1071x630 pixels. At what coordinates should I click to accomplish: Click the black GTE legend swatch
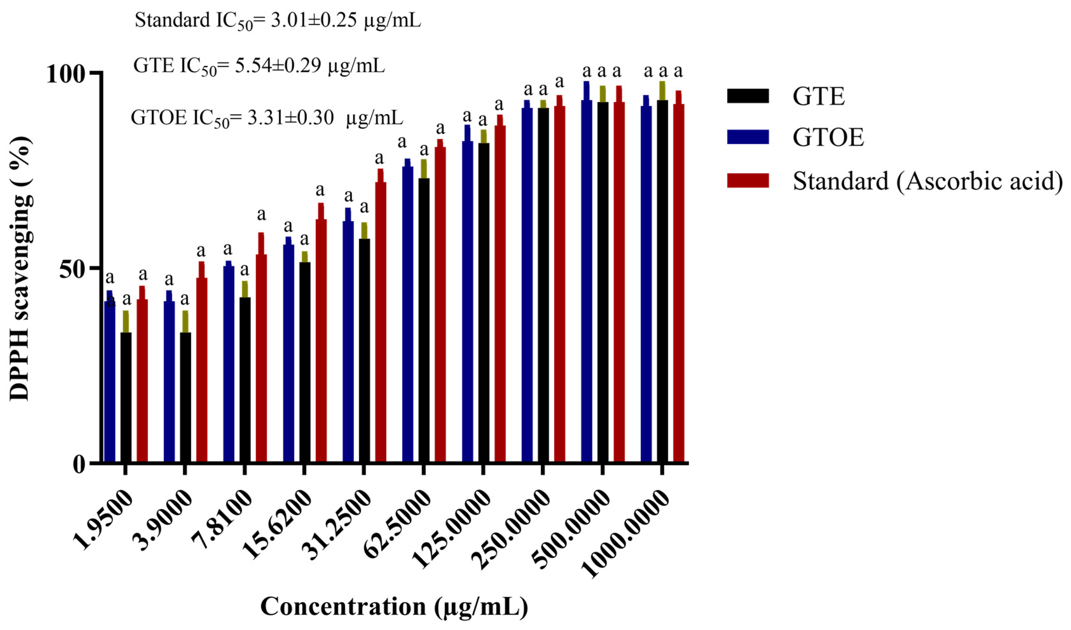click(748, 96)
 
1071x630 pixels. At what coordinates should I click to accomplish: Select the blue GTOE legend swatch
click(748, 137)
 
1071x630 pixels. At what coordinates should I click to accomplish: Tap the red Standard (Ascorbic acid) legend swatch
click(748, 181)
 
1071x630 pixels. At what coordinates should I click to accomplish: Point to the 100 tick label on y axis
click(65, 74)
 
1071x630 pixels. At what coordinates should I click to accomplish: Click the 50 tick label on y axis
click(72, 269)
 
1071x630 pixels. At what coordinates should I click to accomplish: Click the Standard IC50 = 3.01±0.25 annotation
click(278, 20)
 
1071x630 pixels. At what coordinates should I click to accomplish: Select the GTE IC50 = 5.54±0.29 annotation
click(259, 66)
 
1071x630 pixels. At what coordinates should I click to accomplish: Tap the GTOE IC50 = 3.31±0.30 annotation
click(266, 118)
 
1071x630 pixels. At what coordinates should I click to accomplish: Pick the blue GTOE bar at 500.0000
click(587, 281)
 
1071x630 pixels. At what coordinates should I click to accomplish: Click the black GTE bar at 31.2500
click(364, 351)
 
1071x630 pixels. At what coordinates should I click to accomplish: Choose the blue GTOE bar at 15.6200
click(289, 353)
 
